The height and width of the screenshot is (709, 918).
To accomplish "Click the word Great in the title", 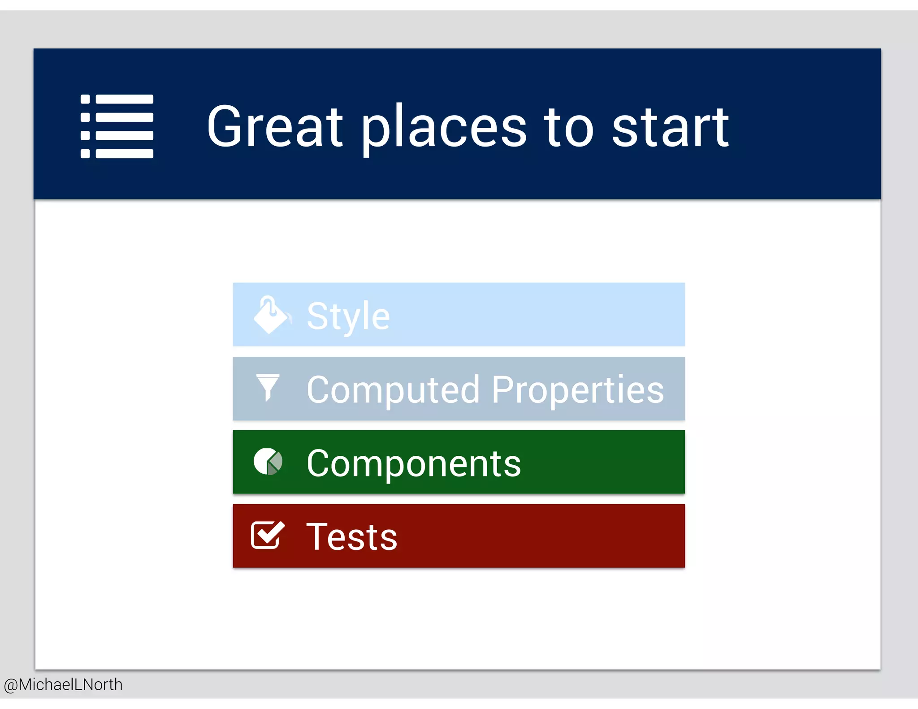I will (274, 126).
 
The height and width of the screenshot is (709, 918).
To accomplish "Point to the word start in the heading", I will (671, 127).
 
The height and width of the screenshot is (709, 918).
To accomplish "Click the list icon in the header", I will (117, 126).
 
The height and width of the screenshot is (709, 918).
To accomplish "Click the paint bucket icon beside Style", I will (271, 315).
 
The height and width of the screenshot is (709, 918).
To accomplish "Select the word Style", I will (348, 316).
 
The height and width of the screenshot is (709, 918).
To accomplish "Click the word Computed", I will (393, 390).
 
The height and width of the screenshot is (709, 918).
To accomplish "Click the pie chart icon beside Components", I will (268, 462).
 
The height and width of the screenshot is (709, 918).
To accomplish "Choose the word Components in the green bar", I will (413, 463).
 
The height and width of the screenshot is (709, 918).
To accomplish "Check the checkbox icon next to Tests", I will (267, 535).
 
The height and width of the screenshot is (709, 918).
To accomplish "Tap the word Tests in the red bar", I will (351, 537).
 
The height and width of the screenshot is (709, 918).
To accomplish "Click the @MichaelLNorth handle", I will (63, 685).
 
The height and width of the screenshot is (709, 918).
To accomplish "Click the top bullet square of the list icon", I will (85, 99).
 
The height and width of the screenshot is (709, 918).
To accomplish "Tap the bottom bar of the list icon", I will (125, 154).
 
